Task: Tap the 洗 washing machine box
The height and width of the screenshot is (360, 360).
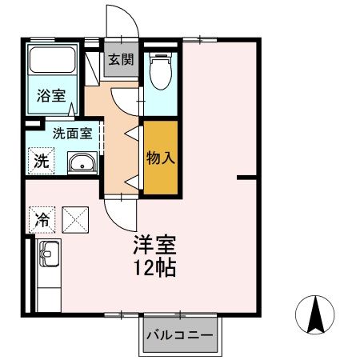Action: [40, 159]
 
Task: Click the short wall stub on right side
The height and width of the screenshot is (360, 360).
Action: [249, 177]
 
